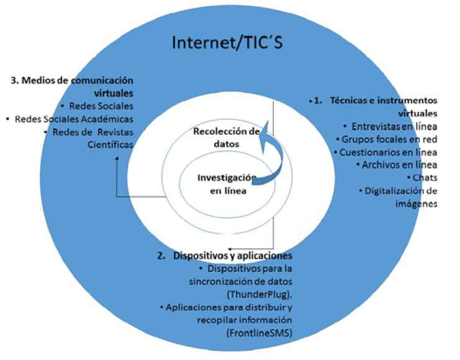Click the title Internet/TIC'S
(228, 43)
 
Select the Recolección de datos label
(225, 137)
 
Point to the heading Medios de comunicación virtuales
(73, 86)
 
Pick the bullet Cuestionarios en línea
(389, 152)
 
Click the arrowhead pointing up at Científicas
(117, 160)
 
